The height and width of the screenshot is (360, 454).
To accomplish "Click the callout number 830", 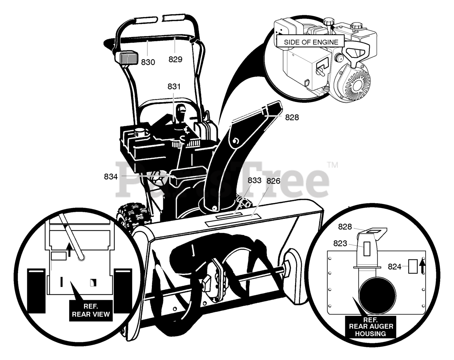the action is tap(148, 62).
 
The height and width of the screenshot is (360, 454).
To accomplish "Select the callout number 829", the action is tap(175, 60).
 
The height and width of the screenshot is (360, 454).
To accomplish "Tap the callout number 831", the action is tap(174, 86).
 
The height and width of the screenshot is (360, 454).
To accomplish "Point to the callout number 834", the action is tap(111, 176).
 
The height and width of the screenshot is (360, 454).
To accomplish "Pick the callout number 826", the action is tap(273, 181).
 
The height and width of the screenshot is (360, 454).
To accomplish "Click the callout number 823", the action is tap(340, 243).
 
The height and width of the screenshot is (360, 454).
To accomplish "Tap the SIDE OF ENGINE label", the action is tap(311, 42).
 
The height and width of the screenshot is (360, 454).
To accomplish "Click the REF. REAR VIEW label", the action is tap(91, 311).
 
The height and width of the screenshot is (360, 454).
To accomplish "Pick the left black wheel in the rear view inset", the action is tap(37, 290).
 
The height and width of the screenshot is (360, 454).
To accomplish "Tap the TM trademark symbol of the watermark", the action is tap(332, 165).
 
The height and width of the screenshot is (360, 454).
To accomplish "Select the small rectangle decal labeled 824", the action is tap(413, 266).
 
